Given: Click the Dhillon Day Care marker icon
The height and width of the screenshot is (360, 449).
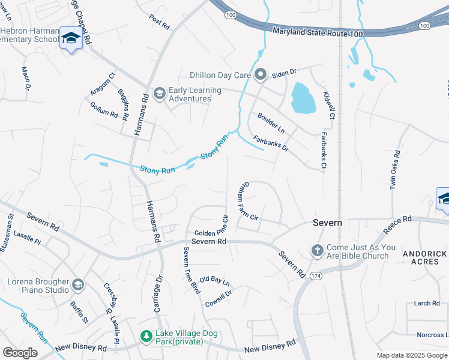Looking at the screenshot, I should click(261, 75).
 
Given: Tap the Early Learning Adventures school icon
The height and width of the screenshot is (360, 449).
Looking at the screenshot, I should click(160, 93).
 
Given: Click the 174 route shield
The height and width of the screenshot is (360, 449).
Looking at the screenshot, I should click(316, 276).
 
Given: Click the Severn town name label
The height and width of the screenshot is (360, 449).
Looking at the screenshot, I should click(328, 223).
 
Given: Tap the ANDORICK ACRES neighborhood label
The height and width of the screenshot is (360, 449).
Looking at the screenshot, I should click(424, 258).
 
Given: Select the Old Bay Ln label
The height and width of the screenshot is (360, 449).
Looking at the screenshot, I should click(215, 280).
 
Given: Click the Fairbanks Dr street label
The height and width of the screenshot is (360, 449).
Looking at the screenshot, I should click(271, 144).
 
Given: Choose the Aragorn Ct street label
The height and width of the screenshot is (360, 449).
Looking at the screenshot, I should click(103, 85).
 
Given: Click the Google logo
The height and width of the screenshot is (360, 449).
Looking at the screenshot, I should click(20, 352).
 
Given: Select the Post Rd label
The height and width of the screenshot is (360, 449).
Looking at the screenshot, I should click(159, 22).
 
